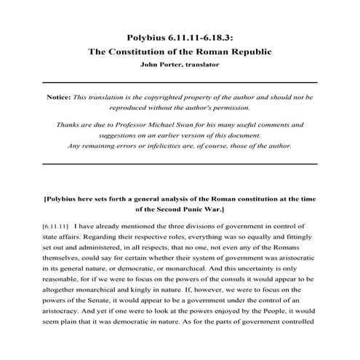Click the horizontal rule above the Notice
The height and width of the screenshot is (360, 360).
click(180, 82)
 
